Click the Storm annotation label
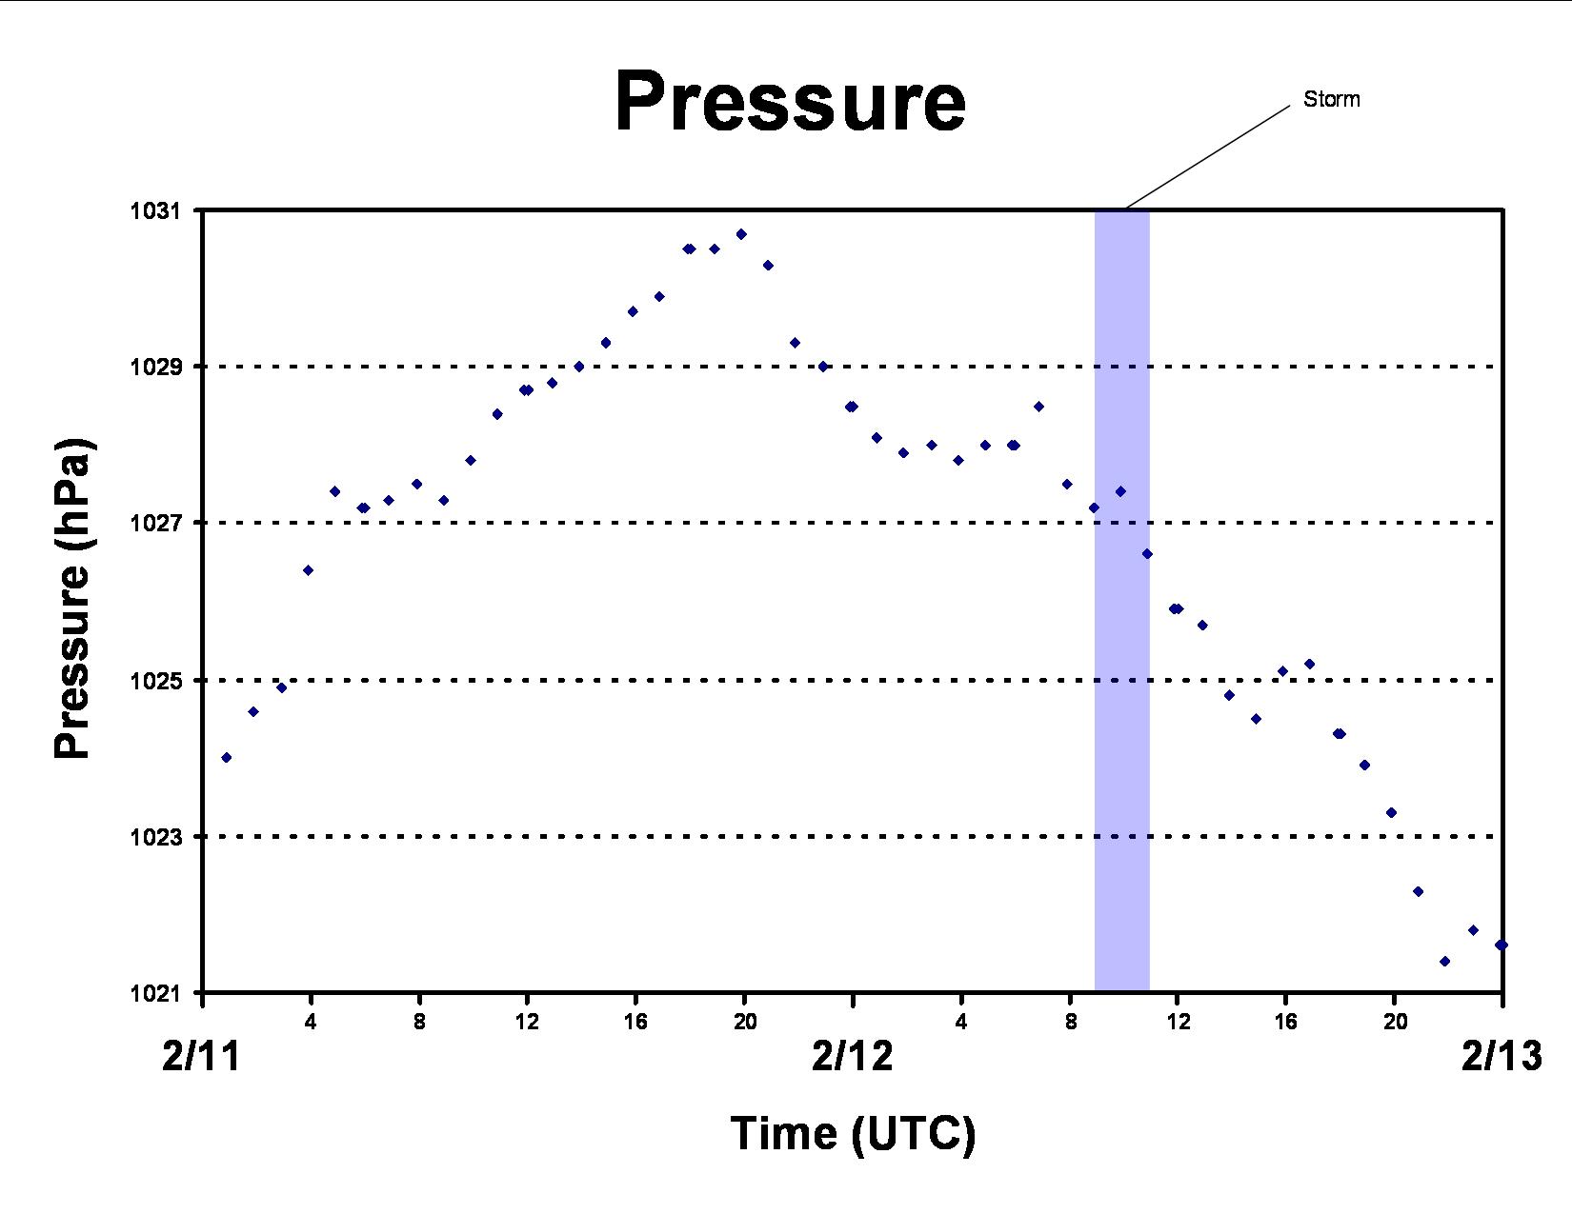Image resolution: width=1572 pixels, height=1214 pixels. coord(1331,99)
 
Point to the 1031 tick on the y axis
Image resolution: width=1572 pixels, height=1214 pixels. coord(154,210)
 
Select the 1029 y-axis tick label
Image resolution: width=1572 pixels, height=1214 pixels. coord(154,367)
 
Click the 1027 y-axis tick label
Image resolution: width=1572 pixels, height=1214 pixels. coord(154,522)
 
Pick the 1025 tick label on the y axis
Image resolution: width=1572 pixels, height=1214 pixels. coord(154,680)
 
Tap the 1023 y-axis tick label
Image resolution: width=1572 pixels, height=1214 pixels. coord(154,837)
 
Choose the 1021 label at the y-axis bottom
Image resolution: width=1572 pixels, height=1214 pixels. coord(154,993)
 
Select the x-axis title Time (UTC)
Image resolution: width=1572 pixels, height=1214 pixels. coord(853,1133)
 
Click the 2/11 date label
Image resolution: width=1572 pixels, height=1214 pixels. coord(201,1056)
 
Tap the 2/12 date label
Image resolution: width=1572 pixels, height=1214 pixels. coord(852,1056)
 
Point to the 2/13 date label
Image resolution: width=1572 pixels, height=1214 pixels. coord(1501,1056)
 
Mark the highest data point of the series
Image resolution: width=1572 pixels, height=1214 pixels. coord(741,234)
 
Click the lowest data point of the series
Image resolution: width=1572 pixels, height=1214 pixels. coord(1444,962)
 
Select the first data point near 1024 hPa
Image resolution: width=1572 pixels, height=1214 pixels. coord(227,758)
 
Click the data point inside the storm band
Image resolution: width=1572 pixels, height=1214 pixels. coord(1120,491)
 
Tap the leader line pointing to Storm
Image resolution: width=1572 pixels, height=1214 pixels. coord(1207,158)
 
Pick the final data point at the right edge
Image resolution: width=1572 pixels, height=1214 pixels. coord(1501,945)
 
